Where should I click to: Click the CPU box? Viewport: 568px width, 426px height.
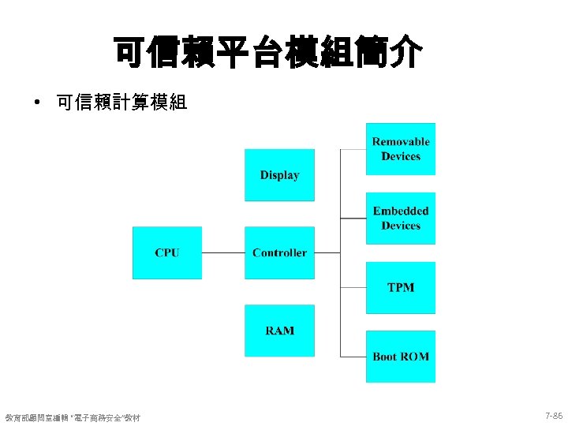pyautogui.click(x=166, y=252)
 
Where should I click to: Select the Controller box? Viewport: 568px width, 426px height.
pyautogui.click(x=279, y=252)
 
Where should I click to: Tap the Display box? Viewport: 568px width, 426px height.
pyautogui.click(x=279, y=175)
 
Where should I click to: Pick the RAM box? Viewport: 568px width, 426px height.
pyautogui.click(x=279, y=331)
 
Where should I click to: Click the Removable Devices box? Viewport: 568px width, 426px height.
pyautogui.click(x=401, y=149)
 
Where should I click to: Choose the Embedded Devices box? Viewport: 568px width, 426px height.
pyautogui.click(x=401, y=219)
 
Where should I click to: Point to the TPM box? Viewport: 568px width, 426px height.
pyautogui.click(x=401, y=287)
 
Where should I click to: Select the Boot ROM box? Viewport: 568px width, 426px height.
pyautogui.click(x=401, y=357)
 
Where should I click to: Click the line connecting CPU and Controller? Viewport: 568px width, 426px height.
pyautogui.click(x=223, y=253)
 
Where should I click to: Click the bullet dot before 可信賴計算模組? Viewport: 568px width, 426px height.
pyautogui.click(x=36, y=103)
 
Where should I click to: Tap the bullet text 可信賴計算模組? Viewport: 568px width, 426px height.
pyautogui.click(x=122, y=103)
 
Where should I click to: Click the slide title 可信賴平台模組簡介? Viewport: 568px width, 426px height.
pyautogui.click(x=268, y=52)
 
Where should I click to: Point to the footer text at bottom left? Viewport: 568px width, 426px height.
pyautogui.click(x=73, y=417)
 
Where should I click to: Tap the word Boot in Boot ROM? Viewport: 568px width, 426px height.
pyautogui.click(x=385, y=357)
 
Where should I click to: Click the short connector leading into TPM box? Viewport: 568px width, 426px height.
pyautogui.click(x=353, y=287)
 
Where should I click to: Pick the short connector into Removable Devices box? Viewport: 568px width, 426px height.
pyautogui.click(x=353, y=149)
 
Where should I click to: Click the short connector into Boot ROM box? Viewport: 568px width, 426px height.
pyautogui.click(x=353, y=357)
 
